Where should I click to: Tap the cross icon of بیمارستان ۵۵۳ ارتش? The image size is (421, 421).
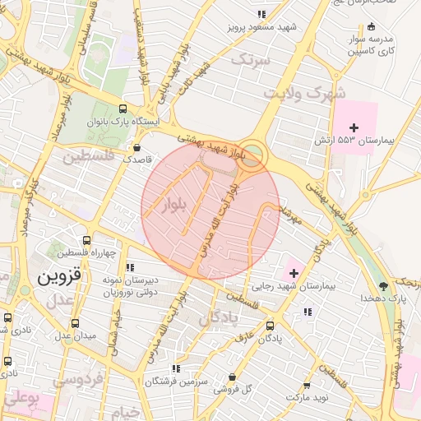click(x=354, y=127)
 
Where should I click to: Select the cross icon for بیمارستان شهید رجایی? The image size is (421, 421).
click(x=294, y=272)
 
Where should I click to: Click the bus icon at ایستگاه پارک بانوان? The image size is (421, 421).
click(x=123, y=108)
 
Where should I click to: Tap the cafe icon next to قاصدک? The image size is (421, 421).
click(x=136, y=147)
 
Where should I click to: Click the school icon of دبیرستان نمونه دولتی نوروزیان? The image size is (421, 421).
click(x=130, y=267)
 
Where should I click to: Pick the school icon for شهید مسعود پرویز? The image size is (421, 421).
click(x=261, y=14)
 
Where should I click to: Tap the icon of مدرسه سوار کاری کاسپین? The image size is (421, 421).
click(x=372, y=26)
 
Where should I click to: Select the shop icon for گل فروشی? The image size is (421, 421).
click(x=233, y=377)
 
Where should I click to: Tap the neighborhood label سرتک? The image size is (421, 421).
click(x=251, y=59)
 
